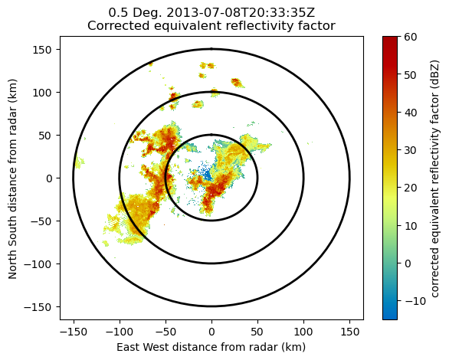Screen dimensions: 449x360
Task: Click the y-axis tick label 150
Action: [x=42, y=50]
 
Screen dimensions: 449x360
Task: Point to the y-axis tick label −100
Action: [x=38, y=264]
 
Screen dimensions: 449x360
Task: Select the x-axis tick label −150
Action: [x=73, y=332]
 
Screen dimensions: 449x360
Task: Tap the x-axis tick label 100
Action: [x=303, y=332]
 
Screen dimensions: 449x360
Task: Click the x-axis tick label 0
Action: [x=211, y=332]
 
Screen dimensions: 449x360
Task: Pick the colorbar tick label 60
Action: [x=411, y=37]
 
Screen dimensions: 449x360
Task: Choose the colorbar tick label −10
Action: [x=415, y=301]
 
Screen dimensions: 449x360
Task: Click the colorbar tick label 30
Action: [x=411, y=150]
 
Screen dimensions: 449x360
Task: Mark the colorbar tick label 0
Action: [x=408, y=263]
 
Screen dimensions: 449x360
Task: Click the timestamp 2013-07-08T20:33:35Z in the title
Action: [x=241, y=13]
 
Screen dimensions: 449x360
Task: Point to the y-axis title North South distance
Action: [x=12, y=221]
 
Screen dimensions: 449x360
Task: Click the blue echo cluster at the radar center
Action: [x=206, y=173]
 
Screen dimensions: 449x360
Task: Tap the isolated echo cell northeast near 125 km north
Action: [x=237, y=83]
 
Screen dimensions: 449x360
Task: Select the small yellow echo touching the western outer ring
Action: [x=79, y=162]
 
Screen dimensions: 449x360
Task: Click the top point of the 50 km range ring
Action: [x=211, y=135]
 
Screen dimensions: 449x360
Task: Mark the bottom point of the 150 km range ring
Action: [x=211, y=306]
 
